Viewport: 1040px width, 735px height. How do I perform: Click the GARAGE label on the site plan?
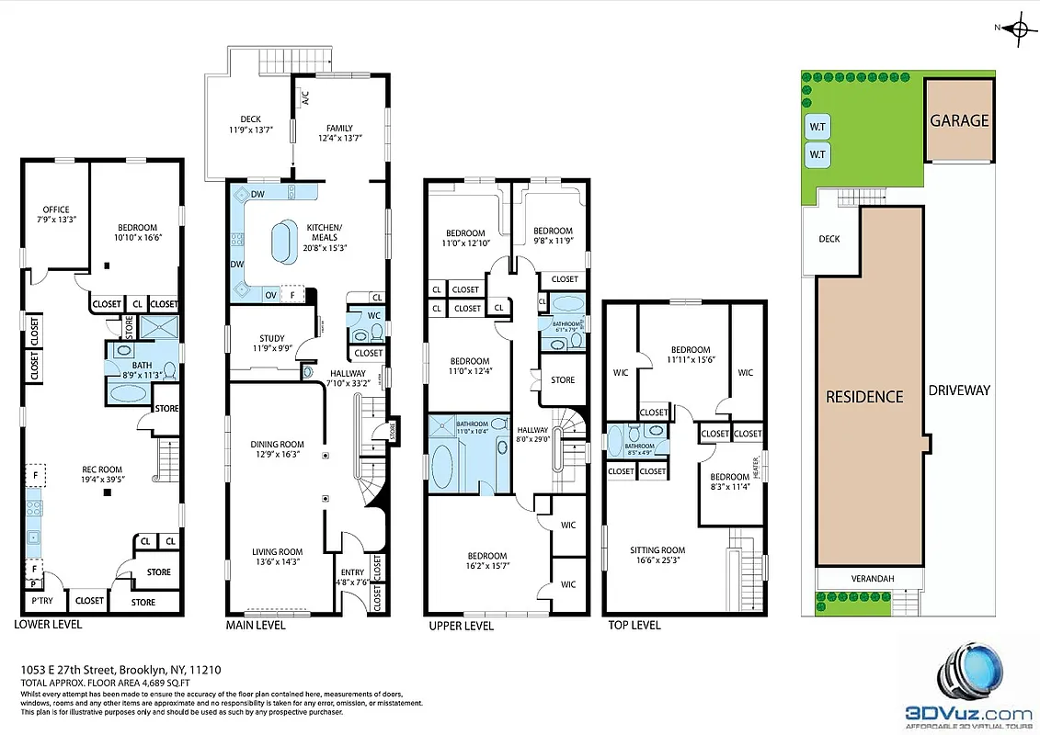pos(959,120)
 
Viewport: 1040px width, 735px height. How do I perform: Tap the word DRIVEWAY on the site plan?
pos(959,390)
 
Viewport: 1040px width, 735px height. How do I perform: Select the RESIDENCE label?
pos(863,397)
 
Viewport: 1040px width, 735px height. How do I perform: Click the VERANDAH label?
pos(869,578)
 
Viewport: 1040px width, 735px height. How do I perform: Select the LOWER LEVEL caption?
pos(48,625)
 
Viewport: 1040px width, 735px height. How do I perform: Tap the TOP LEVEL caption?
pos(634,626)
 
